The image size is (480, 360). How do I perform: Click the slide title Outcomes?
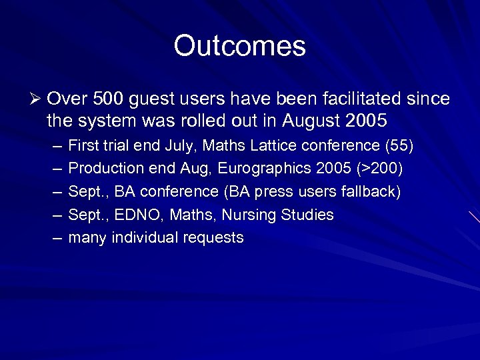point(239,46)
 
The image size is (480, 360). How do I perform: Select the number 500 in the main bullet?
point(107,99)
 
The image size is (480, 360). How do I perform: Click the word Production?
point(103,169)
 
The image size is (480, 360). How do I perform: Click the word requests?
point(212,238)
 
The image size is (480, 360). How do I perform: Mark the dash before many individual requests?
point(53,238)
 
